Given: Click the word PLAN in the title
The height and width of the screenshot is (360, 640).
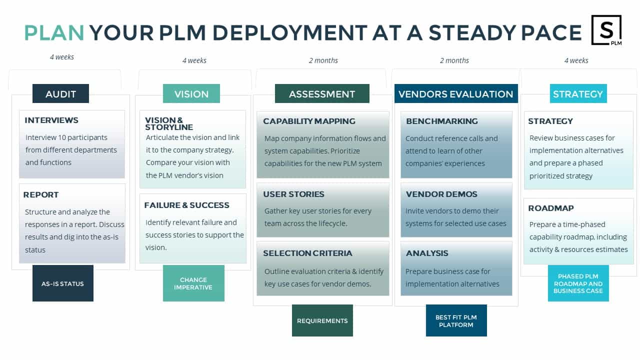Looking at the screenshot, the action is coord(54,32).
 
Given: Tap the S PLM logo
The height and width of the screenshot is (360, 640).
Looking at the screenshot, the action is coord(606,30).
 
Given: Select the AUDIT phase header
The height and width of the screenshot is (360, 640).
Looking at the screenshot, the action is coord(60,93).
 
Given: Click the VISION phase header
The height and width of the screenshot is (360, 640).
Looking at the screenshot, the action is coord(191,93).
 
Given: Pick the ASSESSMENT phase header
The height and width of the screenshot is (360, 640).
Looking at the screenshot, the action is coord(322,93).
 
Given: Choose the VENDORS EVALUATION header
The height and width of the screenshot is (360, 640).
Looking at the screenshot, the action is coord(456,93).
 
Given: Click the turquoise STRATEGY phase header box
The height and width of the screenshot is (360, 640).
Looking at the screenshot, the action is coord(578,93).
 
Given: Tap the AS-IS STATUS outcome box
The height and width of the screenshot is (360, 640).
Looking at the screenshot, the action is coord(63,283).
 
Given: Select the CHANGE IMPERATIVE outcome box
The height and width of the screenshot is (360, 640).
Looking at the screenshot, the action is coord(193,283).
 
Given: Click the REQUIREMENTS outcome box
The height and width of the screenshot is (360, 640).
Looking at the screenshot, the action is coord(322,320).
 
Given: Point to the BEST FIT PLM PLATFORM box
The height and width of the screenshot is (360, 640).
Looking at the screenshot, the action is coord(456,320).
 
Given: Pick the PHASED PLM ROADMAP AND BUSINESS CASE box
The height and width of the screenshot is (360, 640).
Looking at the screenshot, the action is coord(578,283).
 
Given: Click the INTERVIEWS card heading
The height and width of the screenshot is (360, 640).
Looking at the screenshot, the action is coord(51,120).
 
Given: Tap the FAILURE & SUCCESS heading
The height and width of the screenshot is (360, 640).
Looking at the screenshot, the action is coord(187,205).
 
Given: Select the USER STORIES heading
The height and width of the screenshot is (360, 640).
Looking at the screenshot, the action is coord(293,194).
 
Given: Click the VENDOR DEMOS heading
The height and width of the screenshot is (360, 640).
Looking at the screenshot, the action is coord(441,194).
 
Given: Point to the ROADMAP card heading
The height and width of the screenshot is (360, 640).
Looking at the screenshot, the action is coord(551,208).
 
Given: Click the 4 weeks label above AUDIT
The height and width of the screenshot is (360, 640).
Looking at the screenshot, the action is coord(62,57).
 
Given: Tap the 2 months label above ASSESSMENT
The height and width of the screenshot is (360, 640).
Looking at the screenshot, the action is coord(323,60).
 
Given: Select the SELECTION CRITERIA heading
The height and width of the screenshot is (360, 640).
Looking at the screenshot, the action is coord(307,253).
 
